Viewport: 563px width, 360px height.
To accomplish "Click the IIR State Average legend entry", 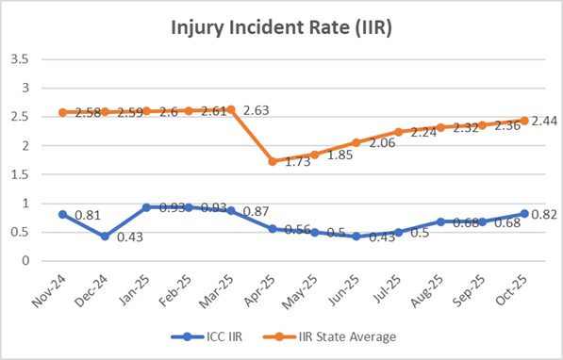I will tap(340, 335).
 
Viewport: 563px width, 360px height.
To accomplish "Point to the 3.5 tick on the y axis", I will tap(20, 58).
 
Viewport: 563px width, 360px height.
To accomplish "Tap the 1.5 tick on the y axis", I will tap(20, 174).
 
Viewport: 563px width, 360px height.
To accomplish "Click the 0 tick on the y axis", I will tap(25, 261).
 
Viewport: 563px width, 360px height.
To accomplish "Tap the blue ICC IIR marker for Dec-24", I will tap(105, 236).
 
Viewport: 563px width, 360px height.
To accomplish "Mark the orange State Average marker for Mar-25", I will tap(230, 109).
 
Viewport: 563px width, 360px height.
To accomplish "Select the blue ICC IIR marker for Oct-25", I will tap(524, 214).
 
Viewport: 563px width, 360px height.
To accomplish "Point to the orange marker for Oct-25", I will tap(524, 121).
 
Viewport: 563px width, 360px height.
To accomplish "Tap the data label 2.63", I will tap(257, 111).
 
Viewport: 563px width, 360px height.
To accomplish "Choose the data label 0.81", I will tap(87, 216).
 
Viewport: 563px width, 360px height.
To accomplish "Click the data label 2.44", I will tap(544, 122).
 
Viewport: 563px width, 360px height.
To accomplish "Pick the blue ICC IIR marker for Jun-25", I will tap(356, 237).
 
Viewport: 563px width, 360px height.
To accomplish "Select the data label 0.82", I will tap(544, 215).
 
